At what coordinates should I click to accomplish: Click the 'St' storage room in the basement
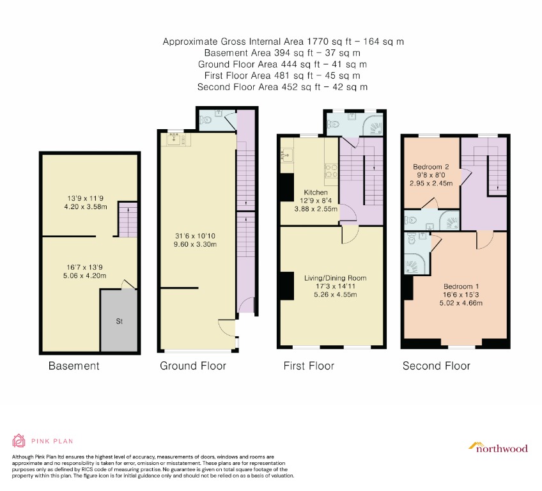(119, 321)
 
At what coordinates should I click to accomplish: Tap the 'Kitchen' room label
(316, 192)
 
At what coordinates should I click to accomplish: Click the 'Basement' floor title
(74, 366)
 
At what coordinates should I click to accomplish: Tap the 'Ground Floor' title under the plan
(192, 366)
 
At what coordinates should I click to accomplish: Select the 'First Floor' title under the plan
(309, 366)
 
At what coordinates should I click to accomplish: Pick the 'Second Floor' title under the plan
(436, 366)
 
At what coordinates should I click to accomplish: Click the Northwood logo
(498, 447)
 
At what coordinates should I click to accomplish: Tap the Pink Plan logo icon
(20, 441)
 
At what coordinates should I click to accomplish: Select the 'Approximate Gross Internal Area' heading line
(283, 42)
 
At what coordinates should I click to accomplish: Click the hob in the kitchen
(332, 170)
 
